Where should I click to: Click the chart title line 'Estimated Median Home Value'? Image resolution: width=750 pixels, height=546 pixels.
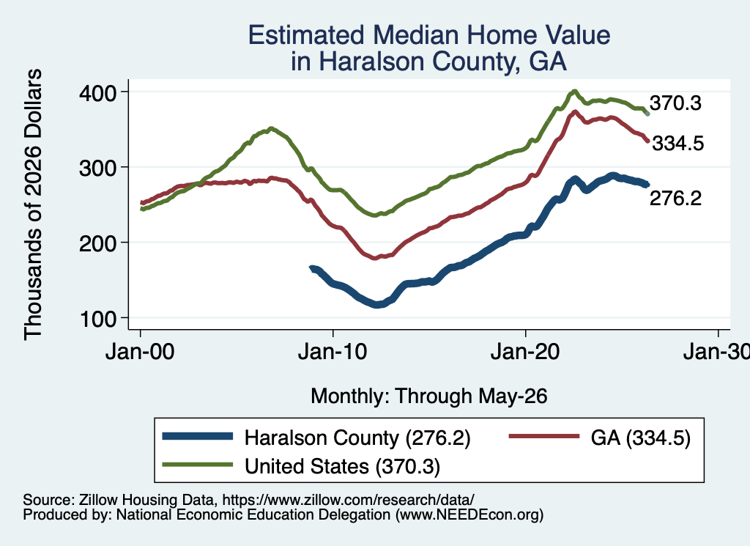pyautogui.click(x=429, y=35)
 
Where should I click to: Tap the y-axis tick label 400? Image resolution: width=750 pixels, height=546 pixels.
pyautogui.click(x=97, y=93)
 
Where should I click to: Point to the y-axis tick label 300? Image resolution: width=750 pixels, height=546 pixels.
pyautogui.click(x=97, y=168)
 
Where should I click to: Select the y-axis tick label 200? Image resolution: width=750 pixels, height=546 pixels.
pyautogui.click(x=97, y=243)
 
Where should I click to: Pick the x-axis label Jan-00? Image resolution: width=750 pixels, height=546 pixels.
pyautogui.click(x=140, y=352)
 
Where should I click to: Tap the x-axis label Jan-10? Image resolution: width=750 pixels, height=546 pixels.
pyautogui.click(x=333, y=352)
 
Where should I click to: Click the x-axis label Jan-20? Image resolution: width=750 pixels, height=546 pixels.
pyautogui.click(x=525, y=352)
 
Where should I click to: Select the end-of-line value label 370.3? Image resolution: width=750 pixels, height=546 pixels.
pyautogui.click(x=675, y=103)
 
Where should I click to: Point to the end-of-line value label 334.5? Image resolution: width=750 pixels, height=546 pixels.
pyautogui.click(x=677, y=143)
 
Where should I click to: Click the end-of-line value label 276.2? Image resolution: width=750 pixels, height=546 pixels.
pyautogui.click(x=675, y=198)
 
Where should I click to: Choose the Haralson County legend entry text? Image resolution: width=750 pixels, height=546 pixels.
pyautogui.click(x=357, y=438)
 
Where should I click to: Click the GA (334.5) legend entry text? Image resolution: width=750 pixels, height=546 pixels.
pyautogui.click(x=640, y=438)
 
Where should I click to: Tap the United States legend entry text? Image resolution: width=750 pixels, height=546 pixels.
pyautogui.click(x=342, y=466)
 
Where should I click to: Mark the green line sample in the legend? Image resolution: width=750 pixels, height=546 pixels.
pyautogui.click(x=198, y=465)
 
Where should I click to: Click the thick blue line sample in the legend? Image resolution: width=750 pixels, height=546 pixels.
pyautogui.click(x=198, y=436)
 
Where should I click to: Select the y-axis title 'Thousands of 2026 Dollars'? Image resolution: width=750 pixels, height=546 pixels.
pyautogui.click(x=33, y=204)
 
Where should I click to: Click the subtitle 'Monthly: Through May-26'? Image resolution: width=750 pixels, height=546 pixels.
pyautogui.click(x=429, y=396)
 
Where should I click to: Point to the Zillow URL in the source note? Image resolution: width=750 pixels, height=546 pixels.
pyautogui.click(x=348, y=500)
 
